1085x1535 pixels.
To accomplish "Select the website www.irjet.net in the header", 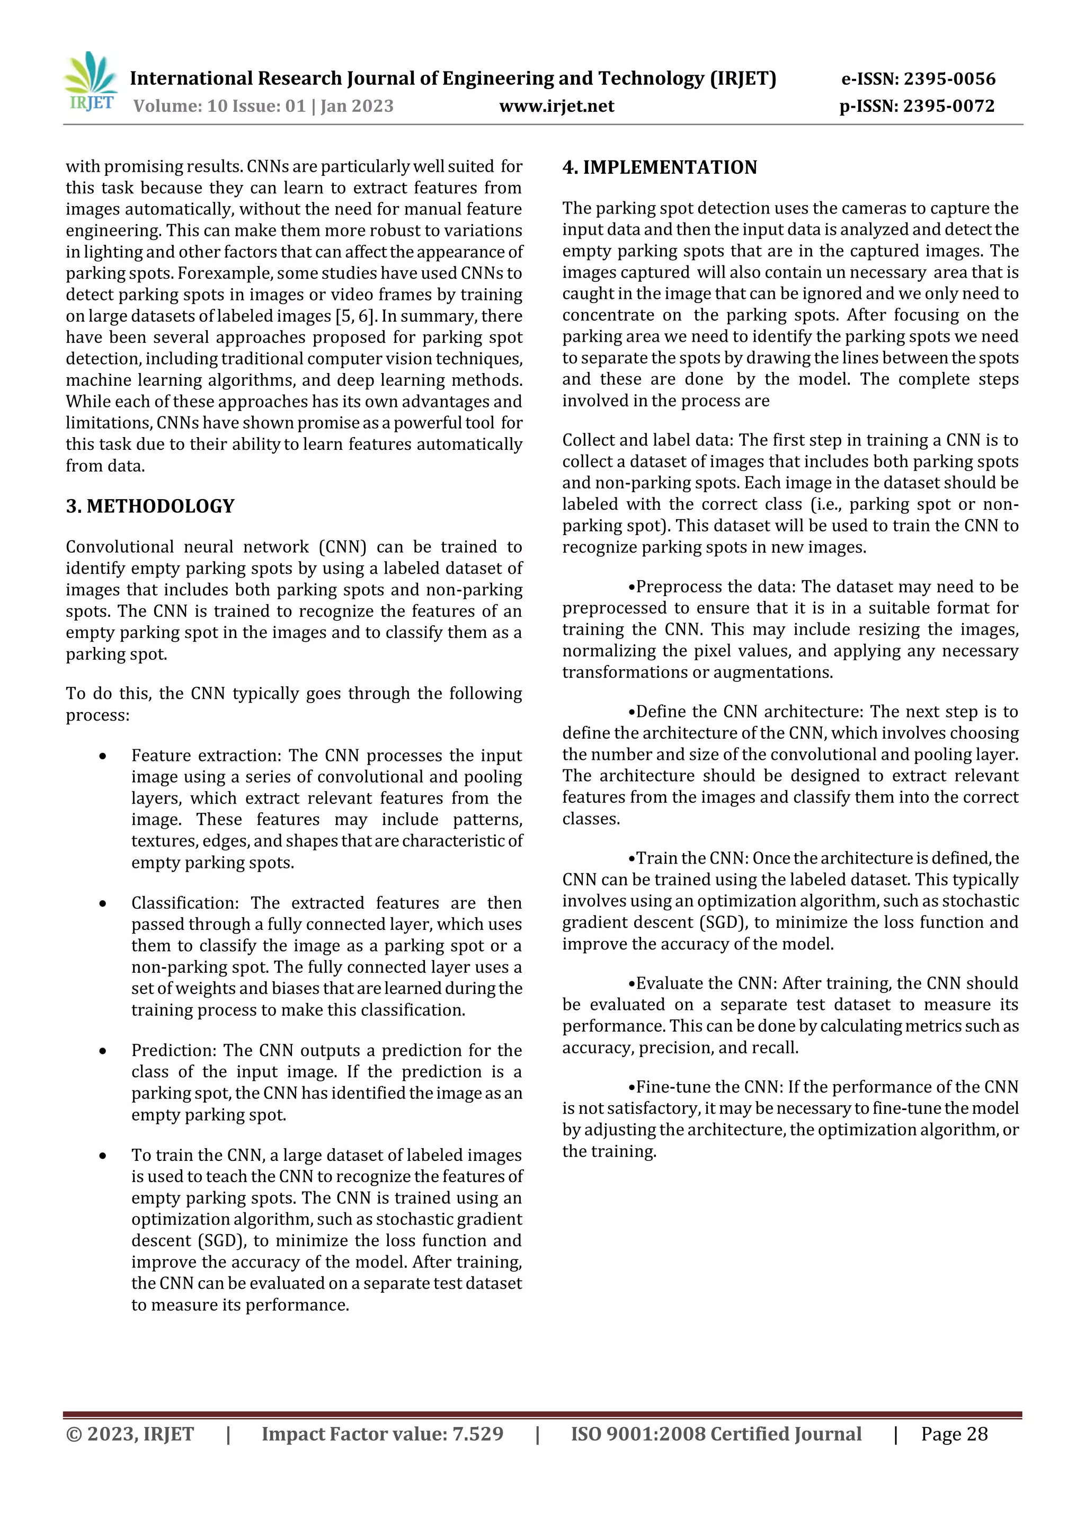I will (x=556, y=105).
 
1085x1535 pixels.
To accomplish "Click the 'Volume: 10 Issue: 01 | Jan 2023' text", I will (x=263, y=105).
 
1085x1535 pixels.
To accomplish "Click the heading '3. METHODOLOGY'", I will (x=150, y=506).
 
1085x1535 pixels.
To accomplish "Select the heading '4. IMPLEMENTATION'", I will (x=659, y=167).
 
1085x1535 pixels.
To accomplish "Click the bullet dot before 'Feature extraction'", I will (x=102, y=756).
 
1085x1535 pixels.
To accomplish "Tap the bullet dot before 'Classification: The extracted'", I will (x=102, y=903).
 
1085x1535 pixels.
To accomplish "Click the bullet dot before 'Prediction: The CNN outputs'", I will (x=102, y=1051).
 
